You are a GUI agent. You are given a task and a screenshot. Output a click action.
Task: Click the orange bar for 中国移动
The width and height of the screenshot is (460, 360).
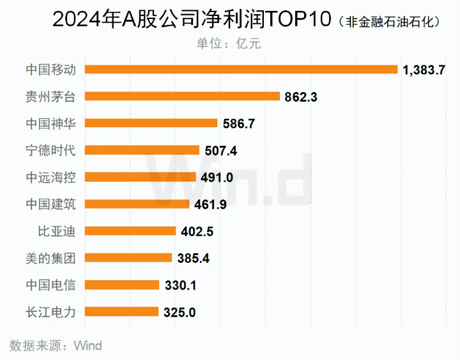click(241, 69)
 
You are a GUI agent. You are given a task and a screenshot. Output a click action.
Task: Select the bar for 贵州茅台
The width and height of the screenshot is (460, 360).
click(182, 97)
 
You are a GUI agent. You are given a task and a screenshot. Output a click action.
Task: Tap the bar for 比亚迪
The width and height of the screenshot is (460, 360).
click(130, 231)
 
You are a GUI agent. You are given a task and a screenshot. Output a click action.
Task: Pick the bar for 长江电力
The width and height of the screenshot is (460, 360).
click(121, 312)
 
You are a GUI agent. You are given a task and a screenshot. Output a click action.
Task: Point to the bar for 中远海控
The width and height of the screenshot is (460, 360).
click(141, 177)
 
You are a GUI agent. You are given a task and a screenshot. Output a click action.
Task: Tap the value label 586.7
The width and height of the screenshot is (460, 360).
click(238, 124)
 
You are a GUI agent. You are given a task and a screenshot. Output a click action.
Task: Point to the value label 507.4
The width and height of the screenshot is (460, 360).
click(220, 151)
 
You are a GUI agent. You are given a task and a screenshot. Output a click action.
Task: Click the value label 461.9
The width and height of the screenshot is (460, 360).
click(210, 205)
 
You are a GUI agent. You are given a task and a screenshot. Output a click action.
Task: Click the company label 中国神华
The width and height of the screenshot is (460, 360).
click(50, 123)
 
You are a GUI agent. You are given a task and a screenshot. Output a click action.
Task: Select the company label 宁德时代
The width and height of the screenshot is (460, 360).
click(50, 150)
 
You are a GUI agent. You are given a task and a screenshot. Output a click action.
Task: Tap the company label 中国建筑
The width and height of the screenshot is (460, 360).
click(50, 204)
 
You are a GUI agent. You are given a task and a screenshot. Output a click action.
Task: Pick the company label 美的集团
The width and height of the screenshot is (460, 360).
click(50, 258)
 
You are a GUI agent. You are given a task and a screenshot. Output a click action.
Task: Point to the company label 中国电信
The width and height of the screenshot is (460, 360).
click(50, 285)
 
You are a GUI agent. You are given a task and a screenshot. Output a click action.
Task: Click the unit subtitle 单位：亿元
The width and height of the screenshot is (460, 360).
click(229, 43)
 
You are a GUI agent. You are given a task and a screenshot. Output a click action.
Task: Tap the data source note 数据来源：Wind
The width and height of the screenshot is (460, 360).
click(56, 346)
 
